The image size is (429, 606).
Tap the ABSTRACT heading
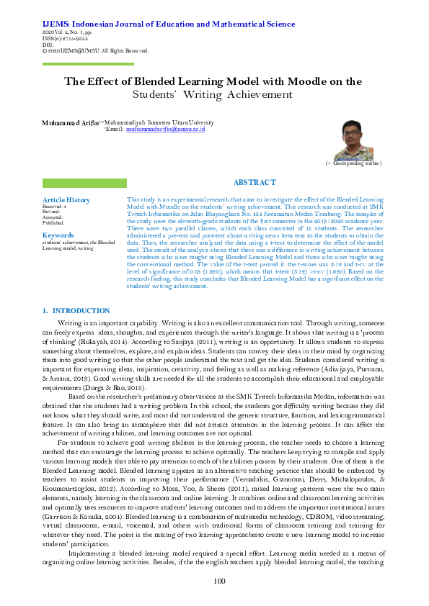tap(255, 183)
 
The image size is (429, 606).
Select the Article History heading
tap(66, 200)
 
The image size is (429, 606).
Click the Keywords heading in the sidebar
tap(58, 235)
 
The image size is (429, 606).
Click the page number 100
tap(220, 581)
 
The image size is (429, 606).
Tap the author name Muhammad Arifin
tap(71, 123)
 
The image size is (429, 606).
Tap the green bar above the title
tap(88, 64)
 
